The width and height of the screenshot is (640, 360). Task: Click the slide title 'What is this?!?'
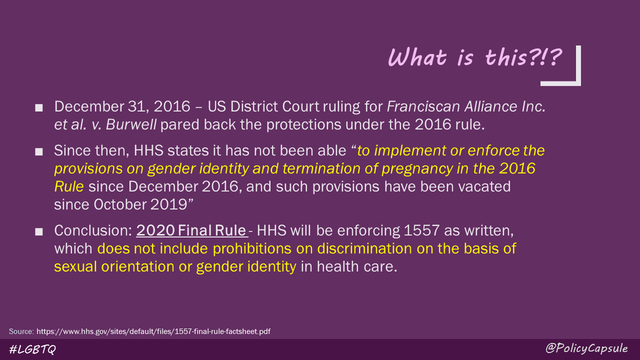coord(474,58)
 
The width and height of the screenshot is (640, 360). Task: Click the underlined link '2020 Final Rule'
coord(191,231)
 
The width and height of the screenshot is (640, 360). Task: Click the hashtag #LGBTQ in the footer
coord(33,349)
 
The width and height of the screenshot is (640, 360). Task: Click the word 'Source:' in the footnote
coord(21,331)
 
